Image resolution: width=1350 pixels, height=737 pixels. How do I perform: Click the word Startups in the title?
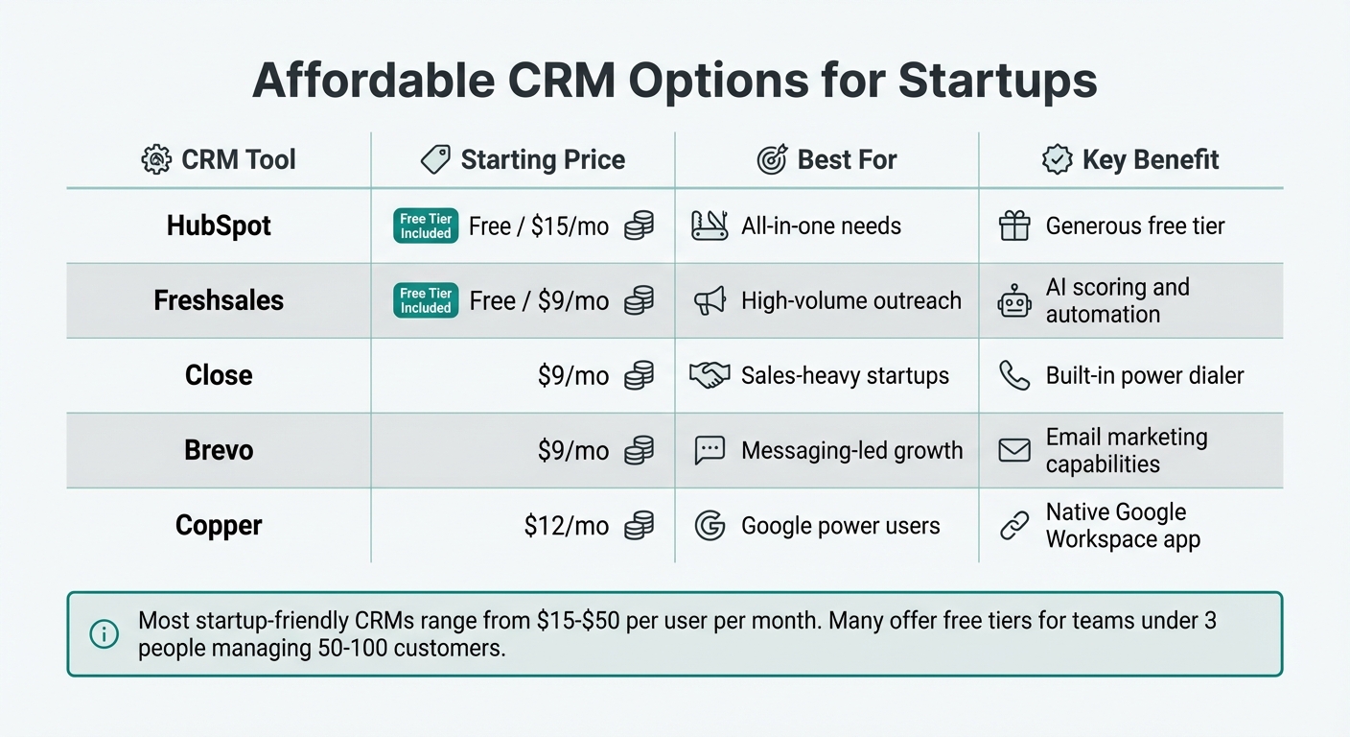pyautogui.click(x=997, y=81)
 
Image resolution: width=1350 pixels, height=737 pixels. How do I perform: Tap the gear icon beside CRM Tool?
pyautogui.click(x=156, y=159)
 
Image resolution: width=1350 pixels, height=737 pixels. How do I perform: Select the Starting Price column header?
pyautogui.click(x=543, y=159)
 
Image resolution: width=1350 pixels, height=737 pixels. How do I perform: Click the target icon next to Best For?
pyautogui.click(x=772, y=159)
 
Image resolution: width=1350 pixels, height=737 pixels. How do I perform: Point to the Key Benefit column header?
pyautogui.click(x=1150, y=159)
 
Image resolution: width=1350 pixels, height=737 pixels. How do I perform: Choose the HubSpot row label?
pyautogui.click(x=219, y=226)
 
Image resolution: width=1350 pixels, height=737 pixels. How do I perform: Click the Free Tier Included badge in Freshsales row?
pyautogui.click(x=426, y=300)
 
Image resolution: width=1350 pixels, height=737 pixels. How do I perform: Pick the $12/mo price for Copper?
pyautogui.click(x=567, y=526)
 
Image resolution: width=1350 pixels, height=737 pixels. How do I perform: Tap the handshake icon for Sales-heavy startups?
pyautogui.click(x=710, y=375)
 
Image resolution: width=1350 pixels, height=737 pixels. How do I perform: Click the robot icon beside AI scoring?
pyautogui.click(x=1014, y=301)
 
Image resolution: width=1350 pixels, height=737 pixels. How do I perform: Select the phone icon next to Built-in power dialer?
pyautogui.click(x=1014, y=375)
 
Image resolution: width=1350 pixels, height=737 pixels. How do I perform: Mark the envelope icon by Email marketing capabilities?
pyautogui.click(x=1014, y=450)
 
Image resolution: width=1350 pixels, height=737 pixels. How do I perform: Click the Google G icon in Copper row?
pyautogui.click(x=710, y=526)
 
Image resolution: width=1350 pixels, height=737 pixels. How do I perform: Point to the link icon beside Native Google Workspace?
pyautogui.click(x=1014, y=526)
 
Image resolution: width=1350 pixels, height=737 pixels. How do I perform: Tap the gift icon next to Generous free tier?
pyautogui.click(x=1014, y=226)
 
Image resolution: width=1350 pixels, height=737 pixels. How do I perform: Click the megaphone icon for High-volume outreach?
pyautogui.click(x=710, y=300)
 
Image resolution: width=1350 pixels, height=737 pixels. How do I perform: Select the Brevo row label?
pyautogui.click(x=219, y=450)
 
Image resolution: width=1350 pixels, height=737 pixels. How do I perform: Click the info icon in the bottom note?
pyautogui.click(x=104, y=633)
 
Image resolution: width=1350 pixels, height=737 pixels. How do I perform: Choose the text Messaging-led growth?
pyautogui.click(x=851, y=450)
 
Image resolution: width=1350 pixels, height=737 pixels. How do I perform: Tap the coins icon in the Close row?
pyautogui.click(x=639, y=375)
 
